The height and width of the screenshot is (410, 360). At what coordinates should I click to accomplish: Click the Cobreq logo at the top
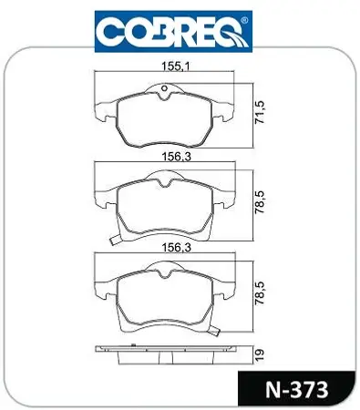[173, 32]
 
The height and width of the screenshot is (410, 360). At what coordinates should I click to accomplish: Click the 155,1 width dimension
[176, 67]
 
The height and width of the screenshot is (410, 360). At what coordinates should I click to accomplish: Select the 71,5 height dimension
[260, 112]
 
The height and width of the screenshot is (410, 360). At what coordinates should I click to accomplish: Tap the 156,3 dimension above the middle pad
[176, 157]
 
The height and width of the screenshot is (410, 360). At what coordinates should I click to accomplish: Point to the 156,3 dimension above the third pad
[176, 248]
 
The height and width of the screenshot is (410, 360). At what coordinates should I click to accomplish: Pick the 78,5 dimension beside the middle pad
[260, 202]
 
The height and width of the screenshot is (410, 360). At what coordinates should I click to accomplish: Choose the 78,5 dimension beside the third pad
[260, 293]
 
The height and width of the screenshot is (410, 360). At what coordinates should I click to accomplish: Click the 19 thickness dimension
[260, 354]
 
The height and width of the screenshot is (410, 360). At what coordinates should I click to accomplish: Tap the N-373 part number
[297, 390]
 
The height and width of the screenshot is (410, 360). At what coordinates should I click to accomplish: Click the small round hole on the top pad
[165, 88]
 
